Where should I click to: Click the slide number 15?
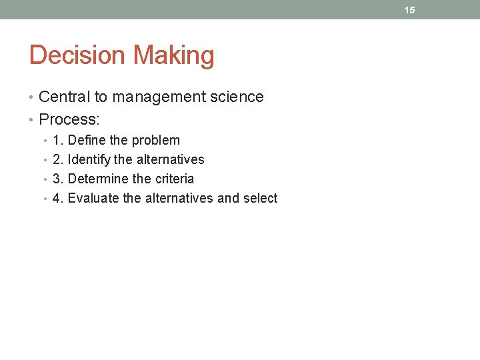click(409, 10)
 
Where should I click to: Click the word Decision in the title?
click(73, 55)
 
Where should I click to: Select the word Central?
click(64, 97)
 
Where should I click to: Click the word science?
click(237, 97)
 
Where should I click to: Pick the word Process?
click(69, 119)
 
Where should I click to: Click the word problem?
click(155, 141)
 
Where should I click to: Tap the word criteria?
click(174, 179)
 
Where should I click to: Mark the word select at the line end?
click(260, 198)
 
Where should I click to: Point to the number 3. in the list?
click(58, 179)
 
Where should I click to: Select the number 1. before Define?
click(58, 140)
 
